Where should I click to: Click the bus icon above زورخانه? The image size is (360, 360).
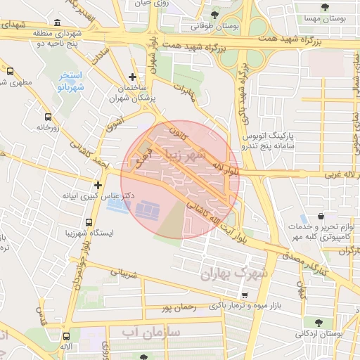(x=48, y=117)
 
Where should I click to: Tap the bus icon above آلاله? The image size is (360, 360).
(x=66, y=336)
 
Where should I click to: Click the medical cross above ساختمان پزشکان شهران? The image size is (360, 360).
(x=133, y=77)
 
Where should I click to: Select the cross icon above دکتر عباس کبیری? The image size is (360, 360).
(x=98, y=185)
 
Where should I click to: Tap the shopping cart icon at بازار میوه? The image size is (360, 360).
(x=245, y=295)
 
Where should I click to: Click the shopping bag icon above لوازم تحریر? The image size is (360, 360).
(x=319, y=216)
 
